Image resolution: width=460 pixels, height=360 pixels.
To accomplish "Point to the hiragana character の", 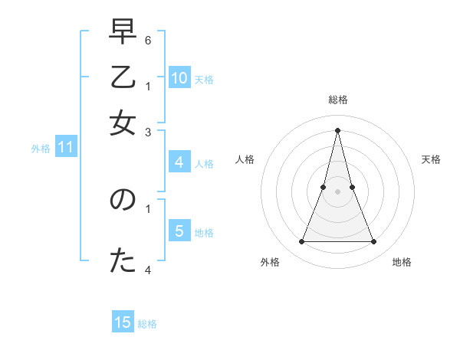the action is pyautogui.click(x=122, y=201).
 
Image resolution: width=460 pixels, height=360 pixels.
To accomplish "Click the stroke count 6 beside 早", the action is pyautogui.click(x=148, y=39).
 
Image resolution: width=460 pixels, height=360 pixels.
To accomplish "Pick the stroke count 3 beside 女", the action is pyautogui.click(x=148, y=133).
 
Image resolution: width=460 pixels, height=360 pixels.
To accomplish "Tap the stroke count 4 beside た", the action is pyautogui.click(x=148, y=270).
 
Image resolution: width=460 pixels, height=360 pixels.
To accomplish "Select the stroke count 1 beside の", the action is pyautogui.click(x=148, y=207).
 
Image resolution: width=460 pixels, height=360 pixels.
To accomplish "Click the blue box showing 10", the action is pyautogui.click(x=179, y=77).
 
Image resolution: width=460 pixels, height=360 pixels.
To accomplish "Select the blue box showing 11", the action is pyautogui.click(x=65, y=147).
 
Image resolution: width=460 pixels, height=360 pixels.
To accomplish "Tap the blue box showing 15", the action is pyautogui.click(x=123, y=322).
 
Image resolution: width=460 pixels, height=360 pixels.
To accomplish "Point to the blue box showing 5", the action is pyautogui.click(x=179, y=231).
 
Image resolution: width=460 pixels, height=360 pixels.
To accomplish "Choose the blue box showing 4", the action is pyautogui.click(x=179, y=162).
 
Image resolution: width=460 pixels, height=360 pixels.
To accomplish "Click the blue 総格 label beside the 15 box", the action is pyautogui.click(x=147, y=324).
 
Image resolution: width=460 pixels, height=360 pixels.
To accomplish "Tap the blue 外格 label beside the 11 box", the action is pyautogui.click(x=40, y=149).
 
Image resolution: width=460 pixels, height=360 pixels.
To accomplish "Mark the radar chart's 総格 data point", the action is pyautogui.click(x=337, y=129).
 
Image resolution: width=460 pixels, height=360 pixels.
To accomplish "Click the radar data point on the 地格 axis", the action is pyautogui.click(x=373, y=242).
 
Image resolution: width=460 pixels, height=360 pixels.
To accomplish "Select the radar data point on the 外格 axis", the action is pyautogui.click(x=301, y=242).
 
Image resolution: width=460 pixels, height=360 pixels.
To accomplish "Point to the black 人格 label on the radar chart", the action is pyautogui.click(x=245, y=159).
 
